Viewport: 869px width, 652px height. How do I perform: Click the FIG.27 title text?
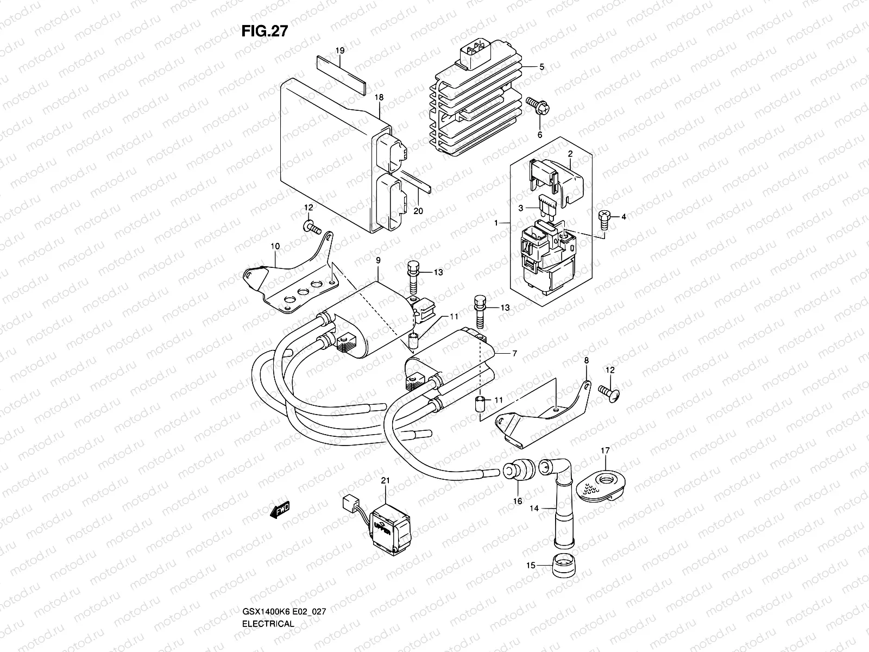click(x=264, y=32)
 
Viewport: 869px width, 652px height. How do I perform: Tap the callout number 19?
click(x=340, y=51)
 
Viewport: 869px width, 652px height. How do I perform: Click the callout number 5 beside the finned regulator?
click(x=541, y=67)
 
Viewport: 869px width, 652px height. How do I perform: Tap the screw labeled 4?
click(x=604, y=216)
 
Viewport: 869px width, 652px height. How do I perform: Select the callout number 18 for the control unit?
click(x=379, y=97)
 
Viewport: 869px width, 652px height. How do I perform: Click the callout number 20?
click(x=418, y=211)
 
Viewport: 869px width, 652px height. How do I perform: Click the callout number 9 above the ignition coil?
click(x=378, y=260)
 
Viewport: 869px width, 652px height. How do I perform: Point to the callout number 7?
click(x=514, y=353)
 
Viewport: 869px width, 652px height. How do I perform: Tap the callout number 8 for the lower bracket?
click(x=586, y=360)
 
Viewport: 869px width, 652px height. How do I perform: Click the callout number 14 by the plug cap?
click(x=534, y=509)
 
